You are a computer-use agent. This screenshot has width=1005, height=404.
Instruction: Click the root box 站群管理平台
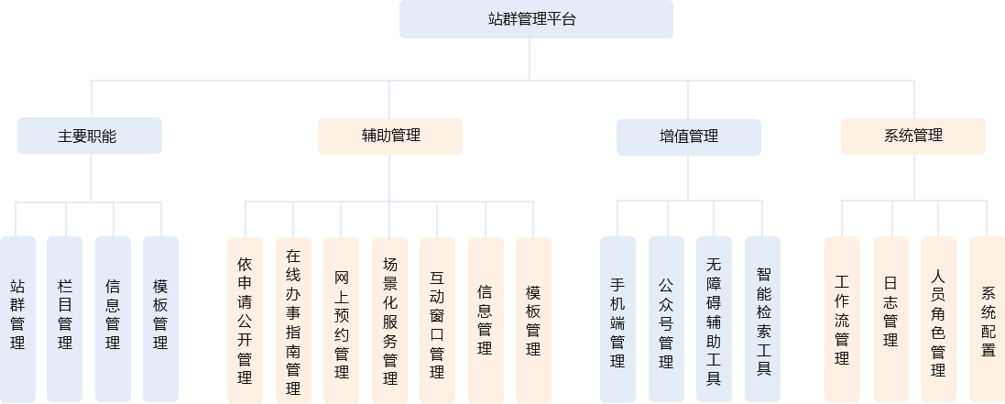click(x=536, y=19)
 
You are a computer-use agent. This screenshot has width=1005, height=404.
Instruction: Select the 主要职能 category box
click(x=90, y=136)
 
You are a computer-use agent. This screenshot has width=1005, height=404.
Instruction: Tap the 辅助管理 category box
click(x=390, y=136)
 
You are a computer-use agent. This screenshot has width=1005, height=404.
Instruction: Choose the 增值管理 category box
click(x=688, y=136)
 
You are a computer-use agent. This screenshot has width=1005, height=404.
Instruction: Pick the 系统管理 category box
click(x=913, y=136)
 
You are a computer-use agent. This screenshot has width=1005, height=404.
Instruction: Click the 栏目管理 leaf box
click(x=65, y=319)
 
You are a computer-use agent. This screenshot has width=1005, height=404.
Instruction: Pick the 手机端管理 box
click(x=617, y=319)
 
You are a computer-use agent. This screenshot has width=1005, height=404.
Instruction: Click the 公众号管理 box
click(x=666, y=319)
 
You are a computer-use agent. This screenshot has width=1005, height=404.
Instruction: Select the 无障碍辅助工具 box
click(x=714, y=319)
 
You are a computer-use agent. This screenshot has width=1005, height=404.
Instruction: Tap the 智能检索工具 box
click(x=762, y=319)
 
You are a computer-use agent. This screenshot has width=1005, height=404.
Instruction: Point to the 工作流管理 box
click(x=842, y=319)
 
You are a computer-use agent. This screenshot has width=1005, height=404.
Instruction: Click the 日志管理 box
click(x=890, y=319)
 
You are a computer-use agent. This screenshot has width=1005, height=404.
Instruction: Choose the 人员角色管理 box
click(x=938, y=319)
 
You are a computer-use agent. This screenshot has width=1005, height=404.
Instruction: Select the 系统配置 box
click(x=987, y=319)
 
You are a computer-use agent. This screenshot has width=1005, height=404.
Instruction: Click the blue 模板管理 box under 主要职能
click(x=160, y=319)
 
